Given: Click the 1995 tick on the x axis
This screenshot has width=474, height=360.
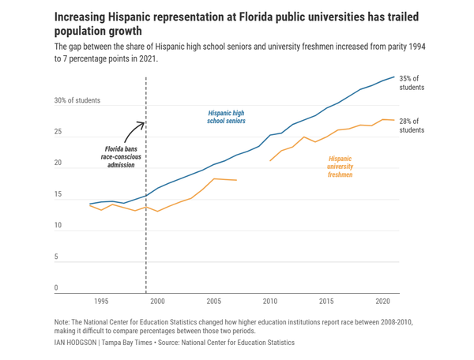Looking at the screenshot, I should pos(101,302).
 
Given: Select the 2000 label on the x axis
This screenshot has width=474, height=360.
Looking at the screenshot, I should pos(158,302).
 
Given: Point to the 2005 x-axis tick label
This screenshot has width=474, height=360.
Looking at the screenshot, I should pos(214,302).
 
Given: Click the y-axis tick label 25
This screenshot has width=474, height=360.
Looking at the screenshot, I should pos(58,132).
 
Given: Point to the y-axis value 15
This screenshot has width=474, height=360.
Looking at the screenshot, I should pos(58,194).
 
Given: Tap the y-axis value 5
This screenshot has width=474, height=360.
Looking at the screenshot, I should pos(56,257).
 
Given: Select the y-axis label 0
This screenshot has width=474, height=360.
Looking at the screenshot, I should pos(56,288).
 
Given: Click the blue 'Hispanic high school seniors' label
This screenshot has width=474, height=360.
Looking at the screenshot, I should pos(226,118).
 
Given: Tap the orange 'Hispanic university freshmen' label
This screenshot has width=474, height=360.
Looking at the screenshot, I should pos(340,166).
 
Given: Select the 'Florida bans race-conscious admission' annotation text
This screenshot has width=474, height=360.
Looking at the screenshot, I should pos(122,156).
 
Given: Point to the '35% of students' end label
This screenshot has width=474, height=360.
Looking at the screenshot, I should pos(412,83).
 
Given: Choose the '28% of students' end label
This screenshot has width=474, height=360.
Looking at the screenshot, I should pos(412,125).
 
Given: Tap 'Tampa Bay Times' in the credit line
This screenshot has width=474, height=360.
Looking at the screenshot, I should pos(127,343).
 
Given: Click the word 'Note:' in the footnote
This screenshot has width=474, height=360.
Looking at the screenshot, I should pos(62,323).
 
